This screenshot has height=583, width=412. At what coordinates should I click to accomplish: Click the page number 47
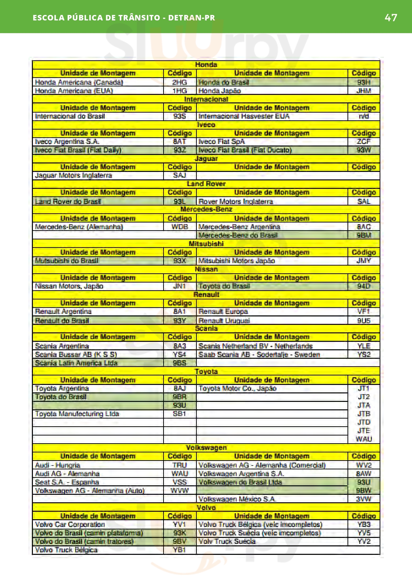click(391, 17)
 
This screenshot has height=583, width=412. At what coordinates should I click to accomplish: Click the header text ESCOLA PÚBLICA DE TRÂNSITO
click(96, 17)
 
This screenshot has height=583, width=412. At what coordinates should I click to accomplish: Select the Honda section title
click(206, 65)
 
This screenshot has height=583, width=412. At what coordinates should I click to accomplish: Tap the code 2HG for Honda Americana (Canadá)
click(180, 82)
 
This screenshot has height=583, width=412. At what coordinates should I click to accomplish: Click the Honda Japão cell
click(220, 91)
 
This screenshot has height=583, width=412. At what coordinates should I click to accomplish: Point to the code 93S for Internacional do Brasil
click(180, 116)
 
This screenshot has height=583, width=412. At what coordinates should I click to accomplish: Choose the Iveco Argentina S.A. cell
click(67, 142)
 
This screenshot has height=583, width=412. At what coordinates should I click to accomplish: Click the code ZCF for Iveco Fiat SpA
click(363, 142)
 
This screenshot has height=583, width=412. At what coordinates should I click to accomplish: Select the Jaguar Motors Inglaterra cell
click(73, 175)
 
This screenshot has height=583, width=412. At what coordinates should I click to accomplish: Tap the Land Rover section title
click(206, 184)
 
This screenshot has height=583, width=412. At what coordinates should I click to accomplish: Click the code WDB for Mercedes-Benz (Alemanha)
click(180, 226)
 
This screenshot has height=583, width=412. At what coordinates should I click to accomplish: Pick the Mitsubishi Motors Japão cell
click(236, 261)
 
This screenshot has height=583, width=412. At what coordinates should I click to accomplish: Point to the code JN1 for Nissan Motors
click(180, 286)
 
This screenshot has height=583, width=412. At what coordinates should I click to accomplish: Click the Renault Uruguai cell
click(224, 320)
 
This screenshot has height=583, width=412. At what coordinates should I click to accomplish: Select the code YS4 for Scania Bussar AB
click(180, 354)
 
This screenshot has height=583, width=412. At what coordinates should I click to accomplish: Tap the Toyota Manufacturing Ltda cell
click(77, 414)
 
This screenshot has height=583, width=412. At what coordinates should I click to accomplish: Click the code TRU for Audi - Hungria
click(180, 465)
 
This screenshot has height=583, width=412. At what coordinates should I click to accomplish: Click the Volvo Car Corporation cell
click(70, 524)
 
